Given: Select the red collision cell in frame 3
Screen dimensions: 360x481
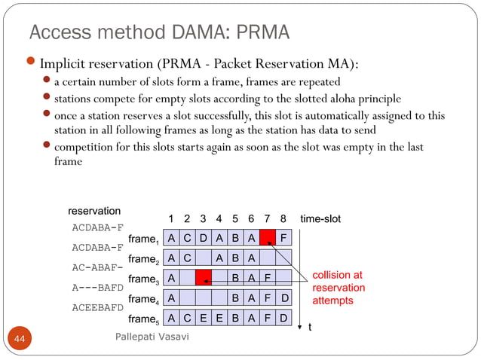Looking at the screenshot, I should [x=204, y=277].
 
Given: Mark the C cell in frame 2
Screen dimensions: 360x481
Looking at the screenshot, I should [x=188, y=258].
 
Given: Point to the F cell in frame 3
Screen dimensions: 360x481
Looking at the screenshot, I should [x=268, y=277].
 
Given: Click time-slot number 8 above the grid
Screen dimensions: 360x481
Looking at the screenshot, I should [x=283, y=219].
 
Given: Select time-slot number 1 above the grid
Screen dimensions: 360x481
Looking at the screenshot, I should [x=172, y=219].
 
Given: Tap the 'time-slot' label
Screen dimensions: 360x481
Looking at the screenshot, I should [x=320, y=219].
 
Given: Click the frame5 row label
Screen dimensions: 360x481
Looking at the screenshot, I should [x=144, y=319].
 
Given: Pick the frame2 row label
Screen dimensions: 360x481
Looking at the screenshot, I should [x=144, y=260].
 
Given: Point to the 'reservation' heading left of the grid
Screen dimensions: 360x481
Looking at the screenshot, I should [x=94, y=211].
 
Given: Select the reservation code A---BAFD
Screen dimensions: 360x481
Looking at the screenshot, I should [x=97, y=287].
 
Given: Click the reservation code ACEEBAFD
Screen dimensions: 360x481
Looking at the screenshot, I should [x=97, y=307].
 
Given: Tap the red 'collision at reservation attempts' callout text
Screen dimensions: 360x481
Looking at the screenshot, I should [x=338, y=288].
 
